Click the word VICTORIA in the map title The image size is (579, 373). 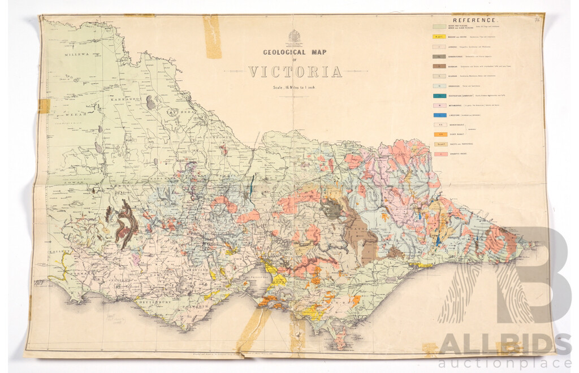(x=295, y=72)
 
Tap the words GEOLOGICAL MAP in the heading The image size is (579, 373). (x=295, y=53)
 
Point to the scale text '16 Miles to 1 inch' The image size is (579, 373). (x=295, y=86)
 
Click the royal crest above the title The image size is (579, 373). (x=295, y=37)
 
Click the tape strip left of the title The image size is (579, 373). (x=212, y=37)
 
